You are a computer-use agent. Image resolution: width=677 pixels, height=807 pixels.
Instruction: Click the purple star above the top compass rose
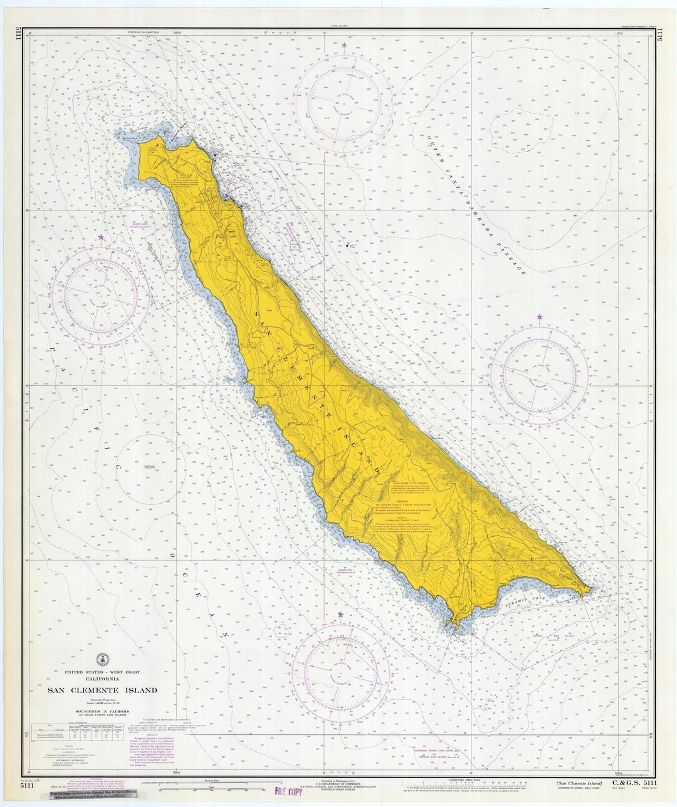tap(344, 45)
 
